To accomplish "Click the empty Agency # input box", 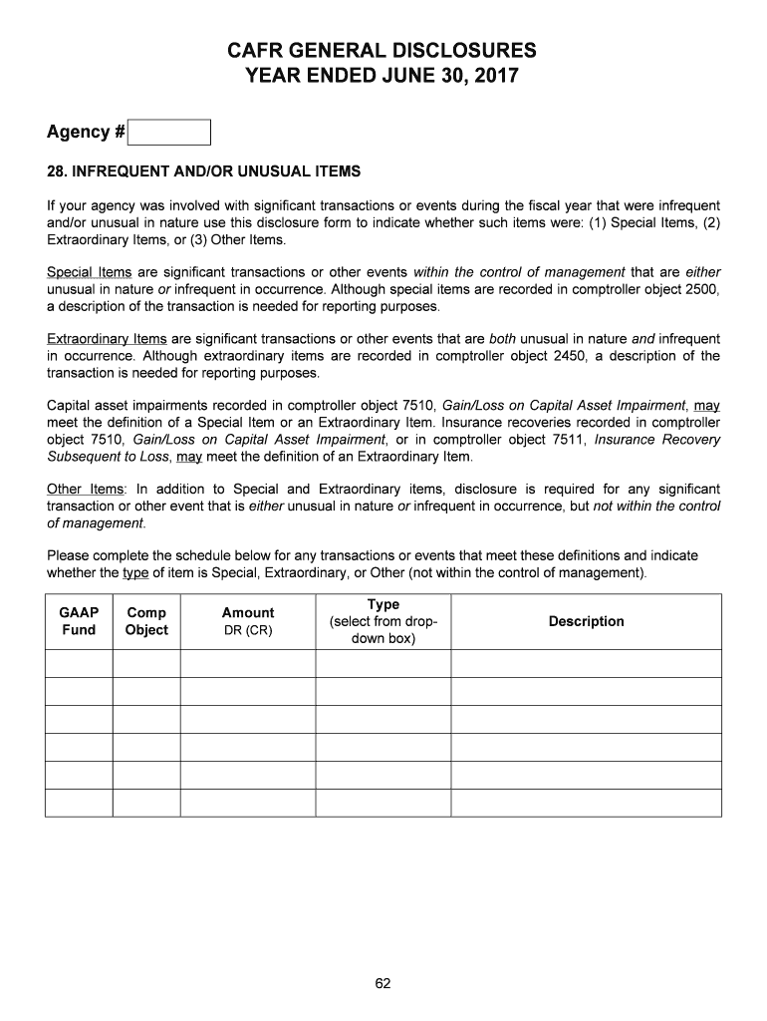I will (170, 133).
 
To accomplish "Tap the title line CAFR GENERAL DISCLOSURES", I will (383, 50).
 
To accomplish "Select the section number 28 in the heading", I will (56, 171).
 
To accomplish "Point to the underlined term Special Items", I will (83, 272).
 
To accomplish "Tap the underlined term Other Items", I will (85, 489).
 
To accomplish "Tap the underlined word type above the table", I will (134, 573).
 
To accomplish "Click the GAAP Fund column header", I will (79, 621).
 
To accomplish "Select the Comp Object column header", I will (146, 621).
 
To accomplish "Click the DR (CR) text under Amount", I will (247, 630).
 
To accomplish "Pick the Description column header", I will (586, 621).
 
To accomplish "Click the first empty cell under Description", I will (586, 664).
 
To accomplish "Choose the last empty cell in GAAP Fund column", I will (79, 803).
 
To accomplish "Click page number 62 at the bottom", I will (383, 984).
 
